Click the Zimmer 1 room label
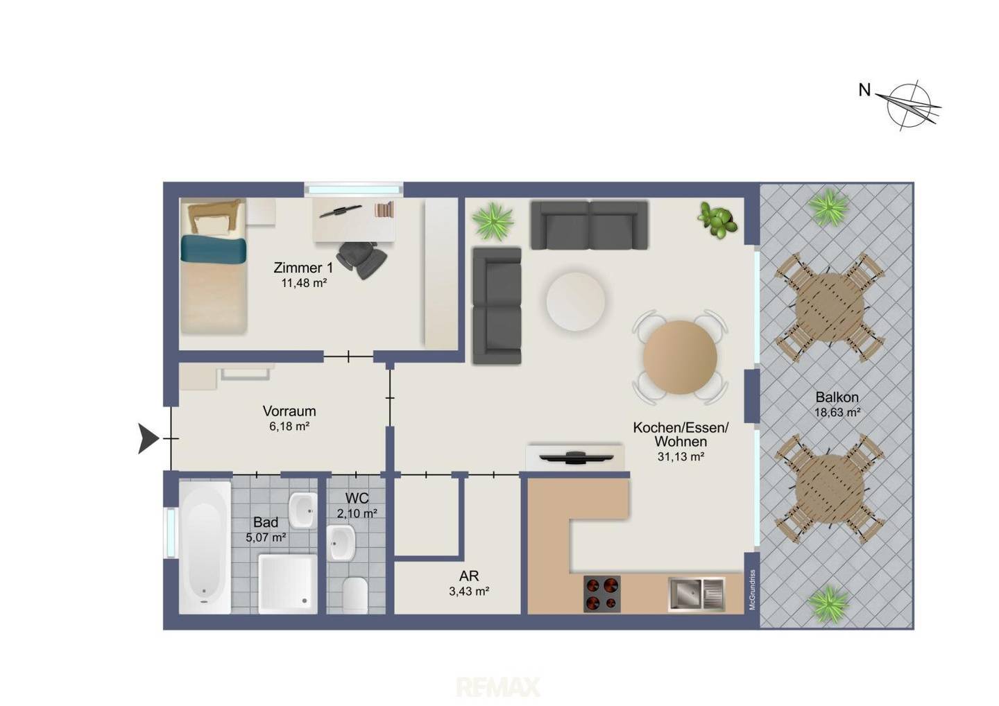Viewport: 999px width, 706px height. (302, 268)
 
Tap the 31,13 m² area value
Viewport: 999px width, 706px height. (681, 457)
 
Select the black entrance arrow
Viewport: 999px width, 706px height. (148, 438)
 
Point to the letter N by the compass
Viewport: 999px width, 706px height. (864, 90)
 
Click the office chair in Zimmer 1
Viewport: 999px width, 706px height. (361, 259)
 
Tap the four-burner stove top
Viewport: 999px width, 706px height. (602, 594)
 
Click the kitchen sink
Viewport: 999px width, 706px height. (697, 594)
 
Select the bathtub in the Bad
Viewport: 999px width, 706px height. (205, 547)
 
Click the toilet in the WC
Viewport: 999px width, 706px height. (355, 595)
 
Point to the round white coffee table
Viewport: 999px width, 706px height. (576, 302)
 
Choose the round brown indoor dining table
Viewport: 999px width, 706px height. (680, 357)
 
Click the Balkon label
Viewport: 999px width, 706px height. (837, 397)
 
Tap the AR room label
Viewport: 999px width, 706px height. (469, 576)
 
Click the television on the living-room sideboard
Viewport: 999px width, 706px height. (576, 457)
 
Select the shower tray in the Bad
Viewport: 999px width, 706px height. (288, 584)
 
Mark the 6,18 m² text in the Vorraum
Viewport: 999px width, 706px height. (289, 426)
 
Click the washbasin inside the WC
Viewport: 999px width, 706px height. (341, 543)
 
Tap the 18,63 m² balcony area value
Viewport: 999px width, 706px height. (837, 412)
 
